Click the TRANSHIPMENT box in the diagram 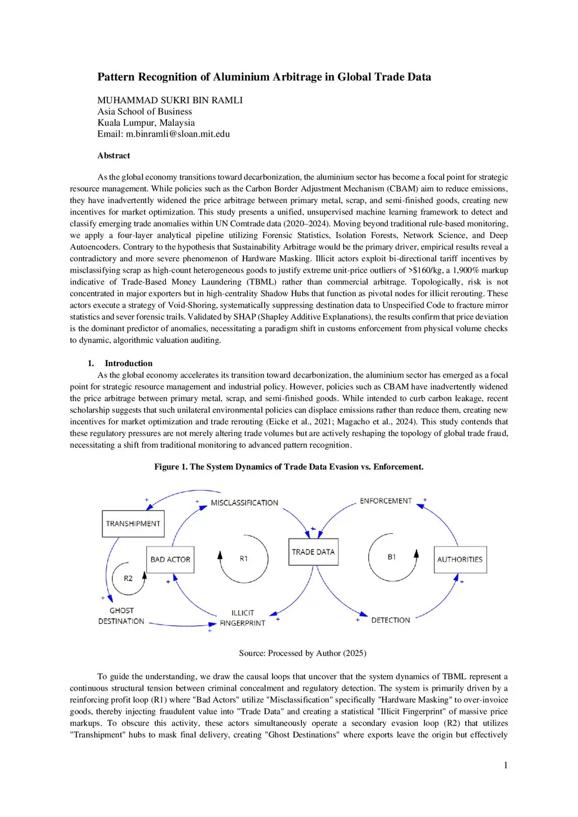[x=133, y=524]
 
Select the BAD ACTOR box [x=170, y=559]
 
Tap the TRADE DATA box [x=313, y=552]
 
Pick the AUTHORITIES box [x=460, y=559]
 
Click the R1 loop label [x=244, y=559]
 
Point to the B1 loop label [x=392, y=557]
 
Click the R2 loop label [x=128, y=578]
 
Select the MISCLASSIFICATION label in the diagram [x=244, y=503]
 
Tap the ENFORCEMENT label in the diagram [x=386, y=501]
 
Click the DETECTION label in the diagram [x=391, y=620]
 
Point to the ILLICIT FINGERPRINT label [x=243, y=618]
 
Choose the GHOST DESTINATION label [x=121, y=616]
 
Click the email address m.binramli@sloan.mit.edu [x=178, y=134]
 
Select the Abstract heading [x=113, y=156]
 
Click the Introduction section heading [x=128, y=363]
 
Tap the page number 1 [x=506, y=765]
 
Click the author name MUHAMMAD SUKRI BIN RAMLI [x=170, y=100]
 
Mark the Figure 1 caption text [x=288, y=467]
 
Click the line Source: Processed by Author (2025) [x=303, y=653]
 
